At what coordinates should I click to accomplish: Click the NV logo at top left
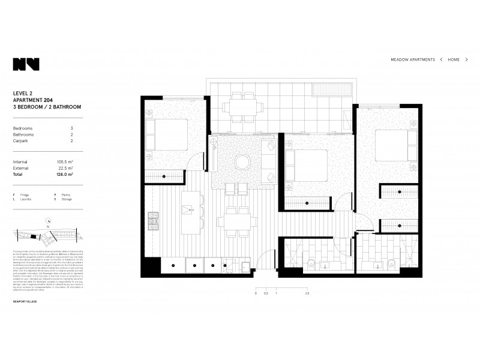(x=26, y=64)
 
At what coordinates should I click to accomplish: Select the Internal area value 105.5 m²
(x=65, y=161)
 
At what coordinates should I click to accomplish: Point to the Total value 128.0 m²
(x=65, y=175)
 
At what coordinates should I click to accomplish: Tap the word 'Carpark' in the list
(x=22, y=142)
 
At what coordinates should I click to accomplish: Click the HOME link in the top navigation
(x=454, y=60)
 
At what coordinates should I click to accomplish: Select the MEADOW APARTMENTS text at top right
(x=413, y=60)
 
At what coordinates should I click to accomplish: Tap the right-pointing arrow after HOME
(x=467, y=60)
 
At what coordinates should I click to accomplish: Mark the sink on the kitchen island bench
(x=189, y=211)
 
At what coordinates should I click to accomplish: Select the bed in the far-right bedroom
(x=394, y=145)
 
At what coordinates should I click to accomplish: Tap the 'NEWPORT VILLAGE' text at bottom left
(x=25, y=302)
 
